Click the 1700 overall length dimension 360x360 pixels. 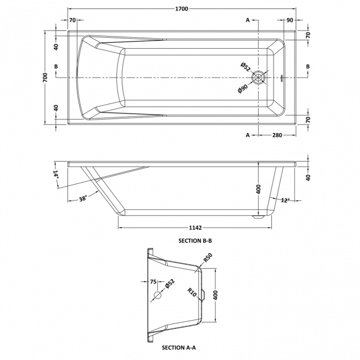pyautogui.click(x=180, y=8)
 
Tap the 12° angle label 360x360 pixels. pyautogui.click(x=285, y=200)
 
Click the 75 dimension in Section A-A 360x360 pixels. pyautogui.click(x=153, y=281)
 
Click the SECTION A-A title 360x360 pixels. pyautogui.click(x=179, y=348)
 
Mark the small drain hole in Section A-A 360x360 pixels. pyautogui.click(x=157, y=295)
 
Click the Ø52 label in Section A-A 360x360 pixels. pyautogui.click(x=169, y=286)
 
